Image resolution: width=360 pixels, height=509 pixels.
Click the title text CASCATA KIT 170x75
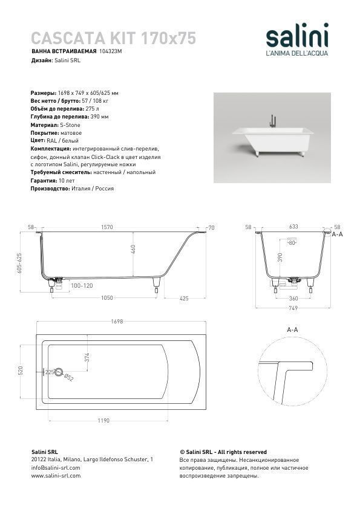(113, 38)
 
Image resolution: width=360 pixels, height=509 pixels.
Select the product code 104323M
(111, 51)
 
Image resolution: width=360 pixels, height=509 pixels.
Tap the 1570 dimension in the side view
(107, 227)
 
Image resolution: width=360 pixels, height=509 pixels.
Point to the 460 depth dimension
(133, 249)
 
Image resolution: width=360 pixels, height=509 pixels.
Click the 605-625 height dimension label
(19, 263)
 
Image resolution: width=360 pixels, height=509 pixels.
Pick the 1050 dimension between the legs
(107, 297)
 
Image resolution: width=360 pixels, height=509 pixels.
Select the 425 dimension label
(184, 298)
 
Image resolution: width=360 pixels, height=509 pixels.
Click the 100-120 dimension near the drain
(82, 286)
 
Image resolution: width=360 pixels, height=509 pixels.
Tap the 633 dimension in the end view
(293, 227)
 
